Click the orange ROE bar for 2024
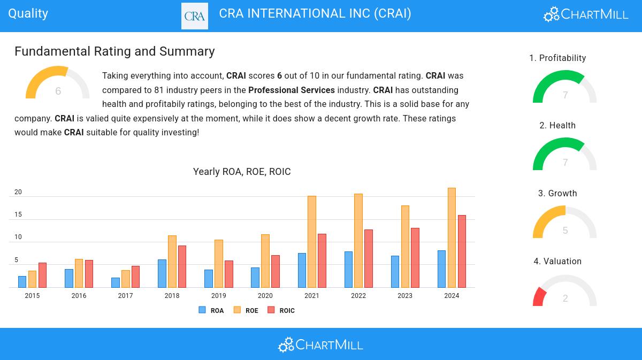point(452,238)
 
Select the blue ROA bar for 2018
point(162,273)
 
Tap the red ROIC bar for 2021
point(322,261)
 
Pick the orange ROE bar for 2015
point(32,279)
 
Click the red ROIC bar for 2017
point(135,277)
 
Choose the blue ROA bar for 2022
point(348,269)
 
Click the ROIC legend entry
point(281,310)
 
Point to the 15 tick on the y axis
point(18,215)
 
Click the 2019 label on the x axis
point(218,296)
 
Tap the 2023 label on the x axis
point(405,296)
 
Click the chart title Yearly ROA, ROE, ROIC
point(242,172)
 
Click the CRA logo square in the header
point(195,16)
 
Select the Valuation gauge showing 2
point(565,292)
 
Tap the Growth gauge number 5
point(565,231)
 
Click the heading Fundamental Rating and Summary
point(114,51)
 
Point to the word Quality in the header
point(28,13)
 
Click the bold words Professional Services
point(292,90)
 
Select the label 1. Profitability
point(557,58)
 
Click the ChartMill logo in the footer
point(320,344)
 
